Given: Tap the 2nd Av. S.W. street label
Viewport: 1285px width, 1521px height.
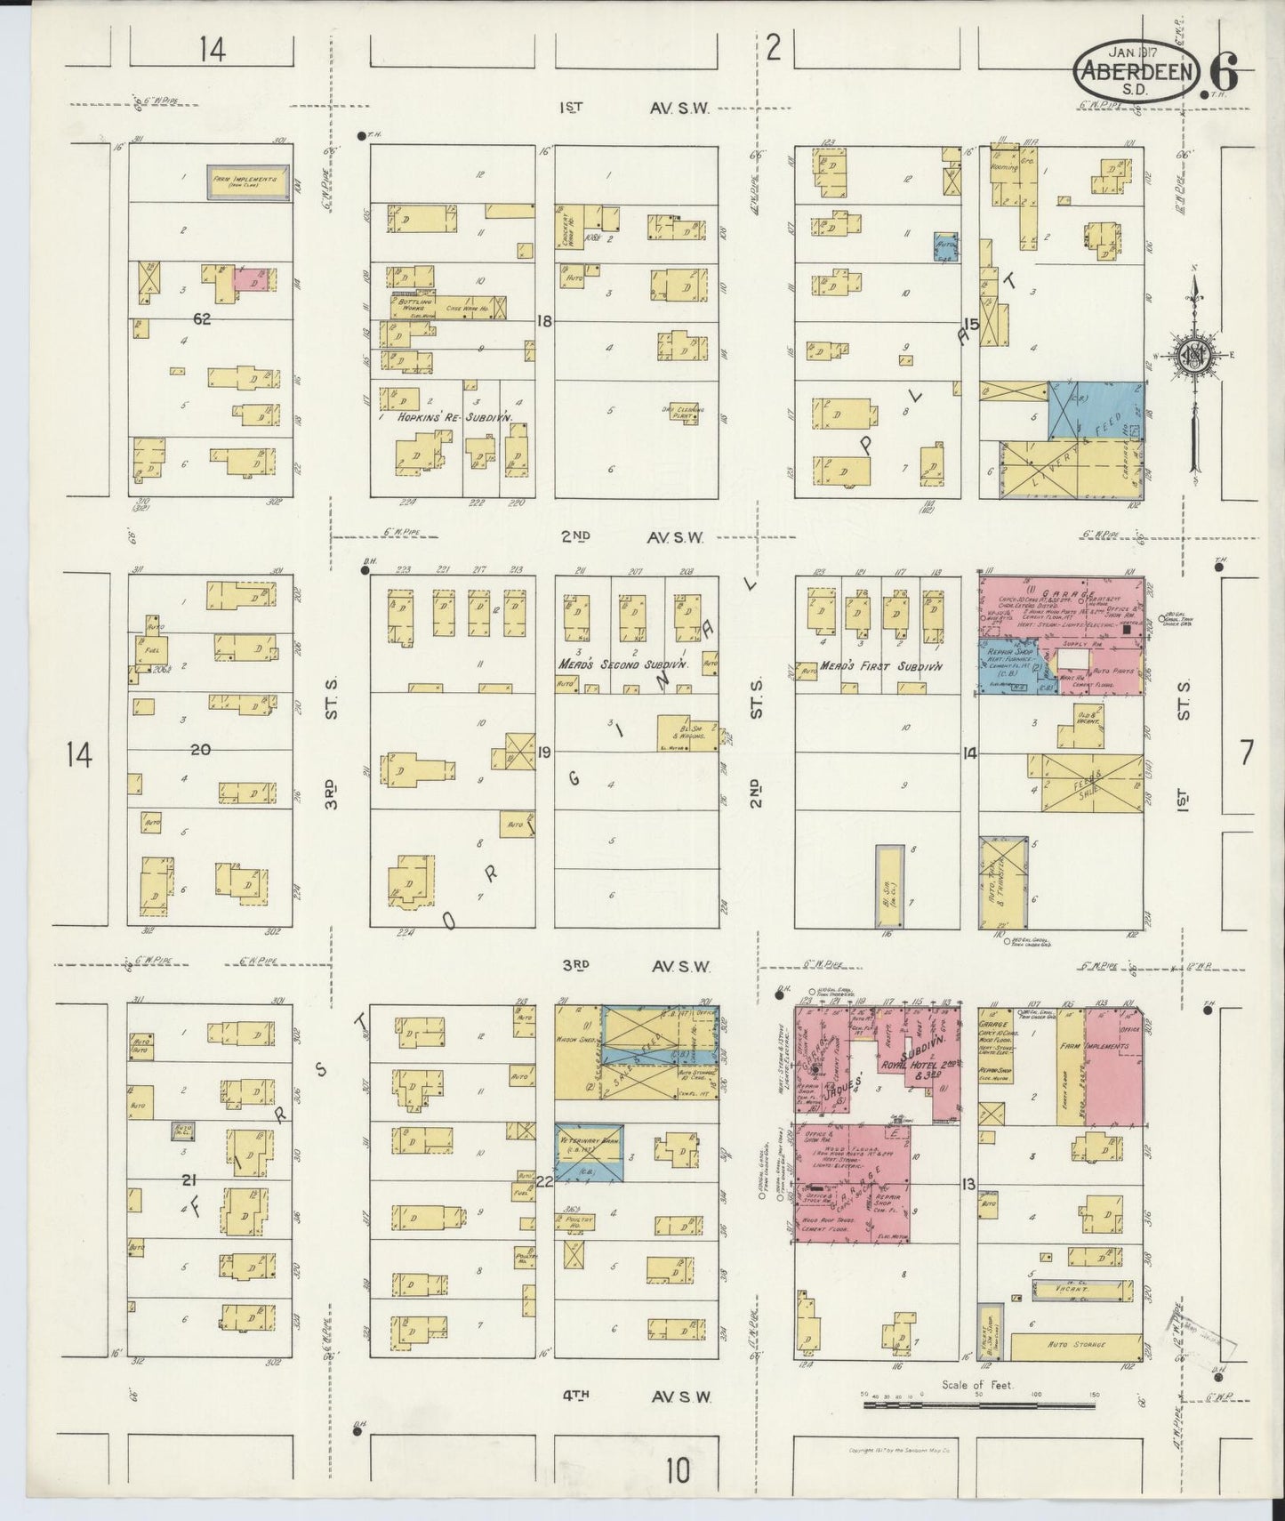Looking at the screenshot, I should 632,536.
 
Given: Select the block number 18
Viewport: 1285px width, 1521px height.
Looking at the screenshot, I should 545,321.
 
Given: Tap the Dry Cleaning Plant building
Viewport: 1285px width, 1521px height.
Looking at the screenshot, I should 684,413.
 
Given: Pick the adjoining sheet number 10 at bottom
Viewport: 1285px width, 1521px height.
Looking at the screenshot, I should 678,1471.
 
